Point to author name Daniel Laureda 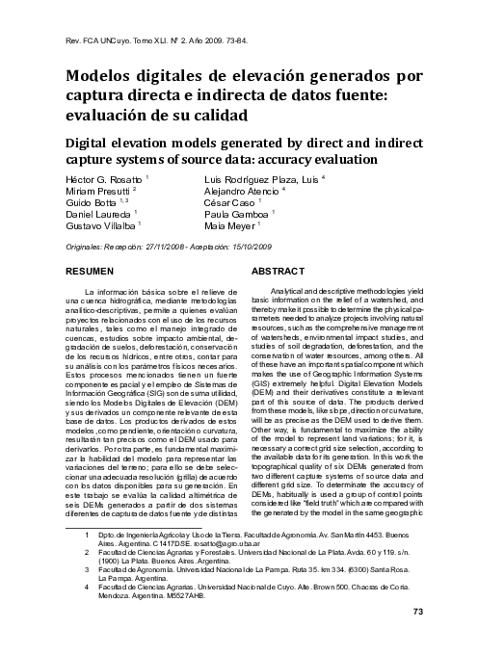point(99,215)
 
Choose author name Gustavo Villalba point(101,226)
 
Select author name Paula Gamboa point(239,215)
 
